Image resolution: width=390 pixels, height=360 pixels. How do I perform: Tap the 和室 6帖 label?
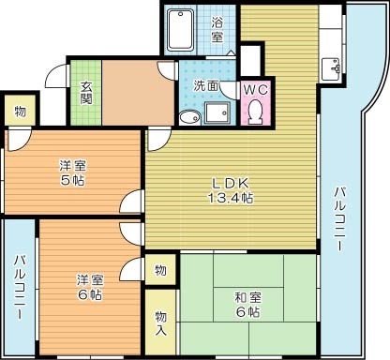click(242, 304)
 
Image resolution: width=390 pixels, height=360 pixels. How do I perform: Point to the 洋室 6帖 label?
click(90, 286)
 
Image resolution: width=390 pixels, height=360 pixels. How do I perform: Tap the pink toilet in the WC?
click(255, 112)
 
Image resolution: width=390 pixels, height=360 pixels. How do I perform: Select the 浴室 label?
click(217, 30)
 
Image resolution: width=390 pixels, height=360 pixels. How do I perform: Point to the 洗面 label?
click(205, 85)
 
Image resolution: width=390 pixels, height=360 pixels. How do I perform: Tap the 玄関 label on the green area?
click(85, 91)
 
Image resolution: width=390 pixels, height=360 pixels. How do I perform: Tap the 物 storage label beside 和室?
click(160, 270)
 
